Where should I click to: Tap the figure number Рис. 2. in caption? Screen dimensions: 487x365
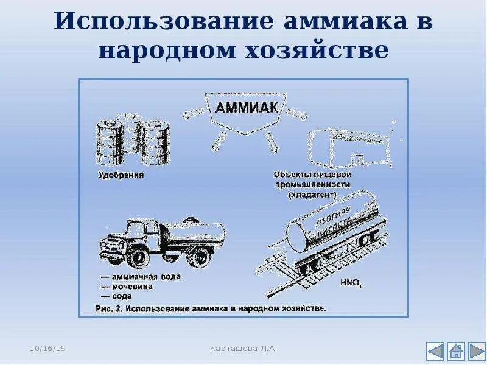[x=109, y=308]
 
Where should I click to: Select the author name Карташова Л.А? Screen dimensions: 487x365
[x=243, y=348]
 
